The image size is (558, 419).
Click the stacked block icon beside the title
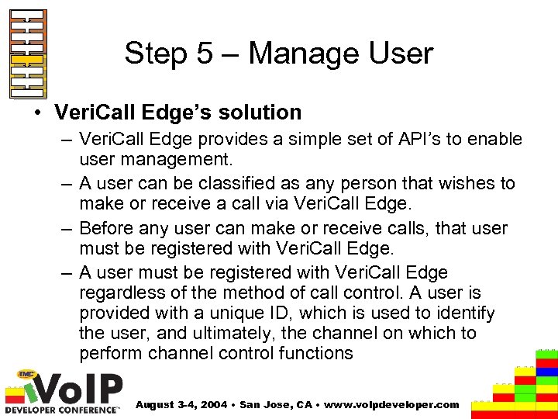(x=27, y=54)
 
